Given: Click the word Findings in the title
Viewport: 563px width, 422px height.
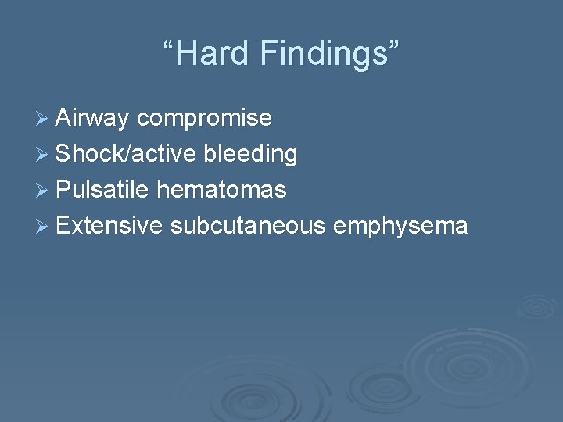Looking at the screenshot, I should tap(321, 55).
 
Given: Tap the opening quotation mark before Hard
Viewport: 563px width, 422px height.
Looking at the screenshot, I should tap(168, 45).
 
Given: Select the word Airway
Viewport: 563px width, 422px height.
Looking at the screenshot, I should tap(92, 119).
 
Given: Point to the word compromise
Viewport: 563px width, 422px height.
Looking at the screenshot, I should tap(204, 119).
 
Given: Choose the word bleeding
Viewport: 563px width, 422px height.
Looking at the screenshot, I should tap(250, 155).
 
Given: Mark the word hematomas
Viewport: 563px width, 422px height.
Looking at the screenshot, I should tap(221, 190).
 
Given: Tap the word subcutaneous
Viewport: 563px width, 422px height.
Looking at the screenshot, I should tap(247, 226).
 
